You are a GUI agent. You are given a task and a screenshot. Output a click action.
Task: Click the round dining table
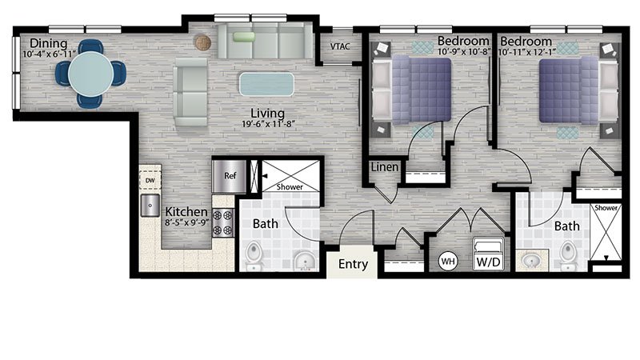90,74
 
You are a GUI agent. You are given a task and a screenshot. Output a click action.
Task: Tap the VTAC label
340,46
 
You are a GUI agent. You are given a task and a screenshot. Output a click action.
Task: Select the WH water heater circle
448,262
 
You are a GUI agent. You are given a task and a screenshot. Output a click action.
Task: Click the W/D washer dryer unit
489,254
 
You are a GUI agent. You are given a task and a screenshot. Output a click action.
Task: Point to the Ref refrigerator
230,176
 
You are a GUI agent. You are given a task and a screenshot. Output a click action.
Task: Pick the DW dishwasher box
150,180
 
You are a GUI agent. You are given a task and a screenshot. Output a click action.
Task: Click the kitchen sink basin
150,206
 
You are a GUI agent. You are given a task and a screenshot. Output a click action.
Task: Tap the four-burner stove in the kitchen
223,222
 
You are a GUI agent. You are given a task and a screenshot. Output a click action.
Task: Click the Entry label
353,264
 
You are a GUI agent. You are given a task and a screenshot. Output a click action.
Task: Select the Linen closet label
385,166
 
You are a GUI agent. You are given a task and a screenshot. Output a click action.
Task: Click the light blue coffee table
266,84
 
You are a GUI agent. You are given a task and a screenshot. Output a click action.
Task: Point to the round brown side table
202,42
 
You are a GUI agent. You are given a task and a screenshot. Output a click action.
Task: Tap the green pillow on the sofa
244,37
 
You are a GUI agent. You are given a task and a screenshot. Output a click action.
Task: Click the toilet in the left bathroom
254,255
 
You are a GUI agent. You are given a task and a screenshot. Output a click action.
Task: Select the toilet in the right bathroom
568,255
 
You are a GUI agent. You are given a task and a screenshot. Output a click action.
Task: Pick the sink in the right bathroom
532,260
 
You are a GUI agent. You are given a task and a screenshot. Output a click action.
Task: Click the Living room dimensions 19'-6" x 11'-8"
268,124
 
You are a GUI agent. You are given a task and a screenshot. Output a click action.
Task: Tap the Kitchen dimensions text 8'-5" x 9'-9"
186,223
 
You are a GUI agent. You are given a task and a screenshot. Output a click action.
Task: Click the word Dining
49,43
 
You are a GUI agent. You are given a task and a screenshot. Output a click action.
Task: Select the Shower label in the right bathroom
606,208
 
